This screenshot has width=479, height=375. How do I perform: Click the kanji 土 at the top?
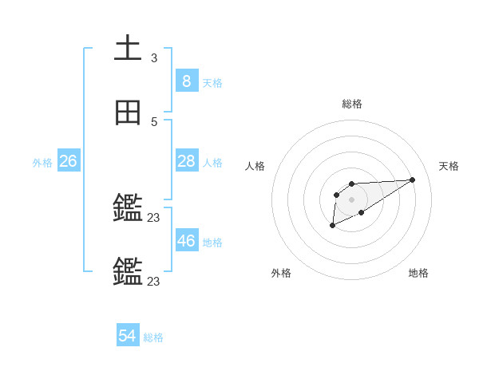129,49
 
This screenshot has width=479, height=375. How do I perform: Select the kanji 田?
129,113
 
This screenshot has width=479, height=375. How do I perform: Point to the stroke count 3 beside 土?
154,57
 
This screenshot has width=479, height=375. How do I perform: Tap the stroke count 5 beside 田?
154,122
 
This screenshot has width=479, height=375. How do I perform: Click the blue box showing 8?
186,81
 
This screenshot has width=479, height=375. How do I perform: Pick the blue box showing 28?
186,162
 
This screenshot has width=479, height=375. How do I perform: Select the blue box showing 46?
186,241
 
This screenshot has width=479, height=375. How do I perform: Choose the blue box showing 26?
68,162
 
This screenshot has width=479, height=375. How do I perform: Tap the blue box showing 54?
128,337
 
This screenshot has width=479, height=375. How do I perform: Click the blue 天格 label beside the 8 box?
212,82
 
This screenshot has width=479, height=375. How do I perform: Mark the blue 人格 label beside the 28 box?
212,163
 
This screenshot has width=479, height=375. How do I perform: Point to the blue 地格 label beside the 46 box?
212,242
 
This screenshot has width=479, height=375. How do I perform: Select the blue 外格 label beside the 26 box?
42,163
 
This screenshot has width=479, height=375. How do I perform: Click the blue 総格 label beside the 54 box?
153,337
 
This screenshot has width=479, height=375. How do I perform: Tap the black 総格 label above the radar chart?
351,104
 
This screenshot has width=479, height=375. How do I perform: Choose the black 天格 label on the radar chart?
449,166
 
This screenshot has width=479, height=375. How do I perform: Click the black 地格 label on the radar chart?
418,273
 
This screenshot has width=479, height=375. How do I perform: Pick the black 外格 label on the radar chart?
281,273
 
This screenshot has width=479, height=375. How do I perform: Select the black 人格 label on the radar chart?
255,166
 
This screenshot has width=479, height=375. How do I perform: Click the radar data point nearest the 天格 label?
413,180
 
